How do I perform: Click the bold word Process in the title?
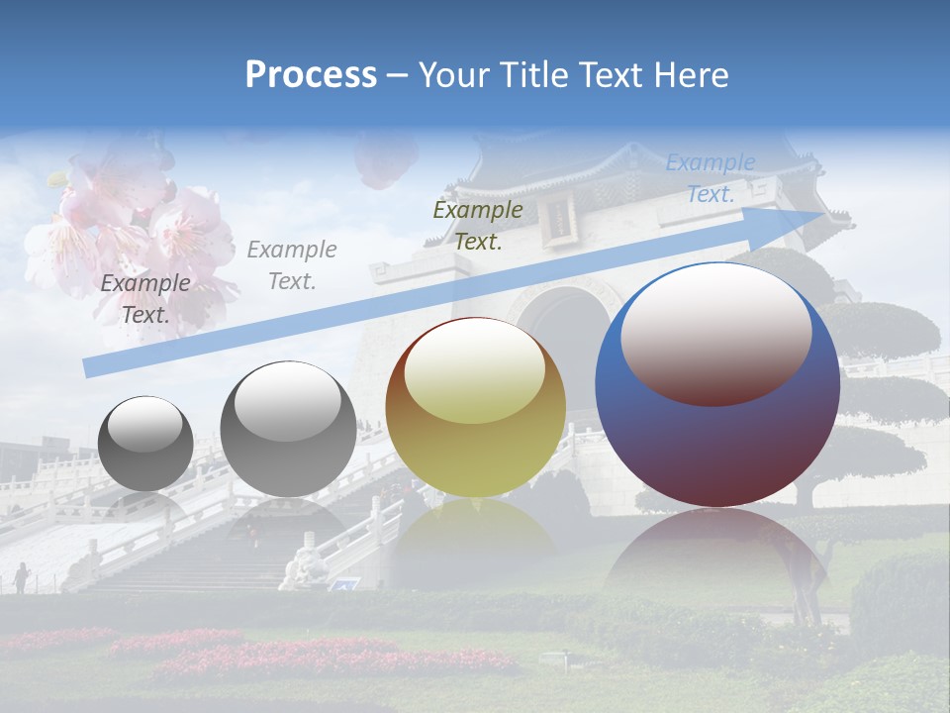pos(311,75)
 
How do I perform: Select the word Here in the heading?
pos(692,75)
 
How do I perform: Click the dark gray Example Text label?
pos(145,299)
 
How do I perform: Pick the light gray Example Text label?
pos(292,265)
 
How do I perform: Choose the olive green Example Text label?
pos(478,226)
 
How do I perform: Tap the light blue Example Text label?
pos(710,178)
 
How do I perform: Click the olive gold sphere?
pos(475,408)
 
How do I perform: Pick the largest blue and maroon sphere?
pos(717,386)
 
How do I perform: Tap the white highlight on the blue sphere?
pos(715,332)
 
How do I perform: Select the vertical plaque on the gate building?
pos(559,218)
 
